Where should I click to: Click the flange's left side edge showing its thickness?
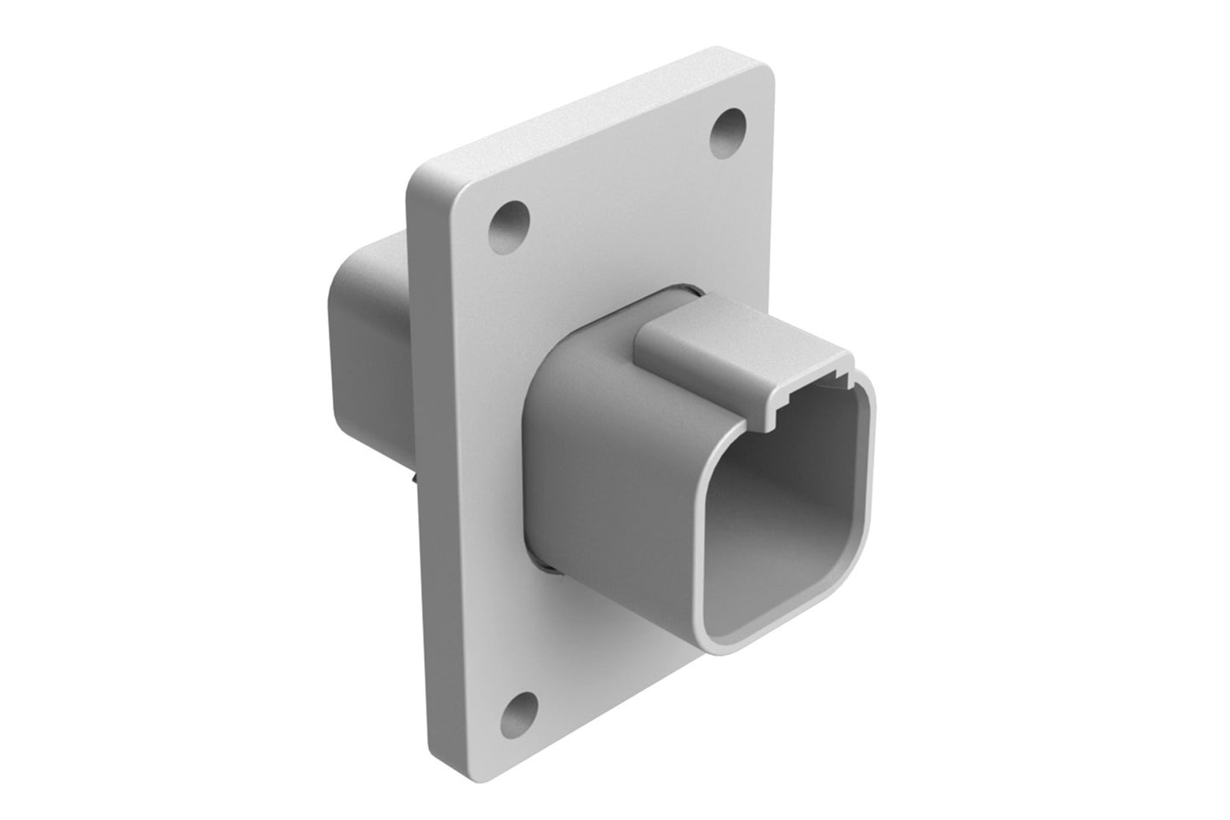[x=414, y=468]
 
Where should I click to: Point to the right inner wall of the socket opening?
[x=860, y=528]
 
